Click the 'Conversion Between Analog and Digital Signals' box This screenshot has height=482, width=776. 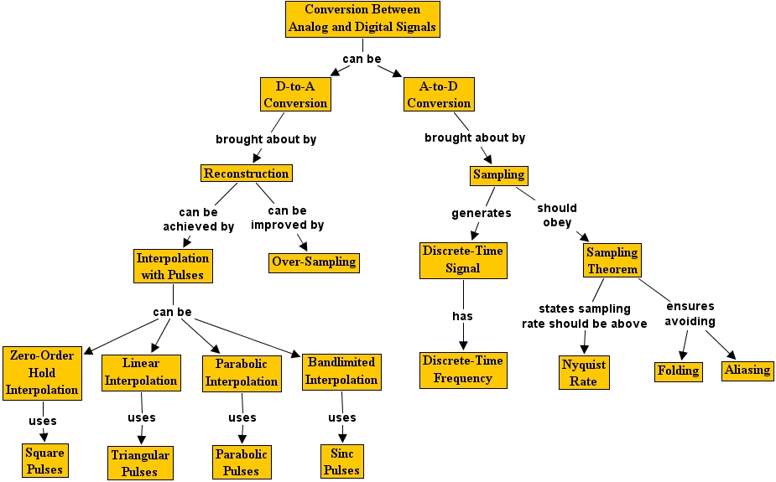362,18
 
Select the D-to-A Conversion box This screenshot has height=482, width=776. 295,94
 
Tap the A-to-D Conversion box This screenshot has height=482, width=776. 439,94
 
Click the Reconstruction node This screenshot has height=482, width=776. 247,174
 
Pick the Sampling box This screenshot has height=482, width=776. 498,174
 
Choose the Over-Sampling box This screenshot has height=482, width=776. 314,262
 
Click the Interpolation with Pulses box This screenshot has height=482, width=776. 173,266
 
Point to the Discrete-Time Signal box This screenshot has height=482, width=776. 462,260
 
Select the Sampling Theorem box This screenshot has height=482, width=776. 612,261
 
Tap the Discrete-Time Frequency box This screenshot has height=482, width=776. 463,370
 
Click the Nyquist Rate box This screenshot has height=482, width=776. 583,372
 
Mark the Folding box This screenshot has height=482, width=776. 678,370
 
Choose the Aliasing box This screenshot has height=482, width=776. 747,370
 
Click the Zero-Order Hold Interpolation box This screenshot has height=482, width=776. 42,372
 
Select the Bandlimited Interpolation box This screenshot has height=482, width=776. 341,371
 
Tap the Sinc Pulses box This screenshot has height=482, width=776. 341,462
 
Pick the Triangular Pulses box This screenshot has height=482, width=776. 140,463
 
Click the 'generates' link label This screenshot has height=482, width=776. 482,213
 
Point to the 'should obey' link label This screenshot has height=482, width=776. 557,215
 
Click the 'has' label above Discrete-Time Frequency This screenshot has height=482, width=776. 462,316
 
